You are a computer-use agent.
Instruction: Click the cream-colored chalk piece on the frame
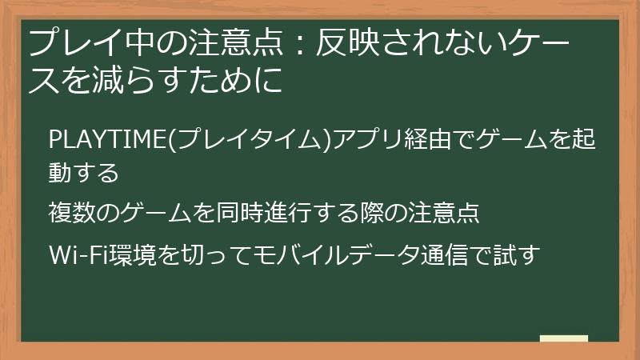tap(564, 339)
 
